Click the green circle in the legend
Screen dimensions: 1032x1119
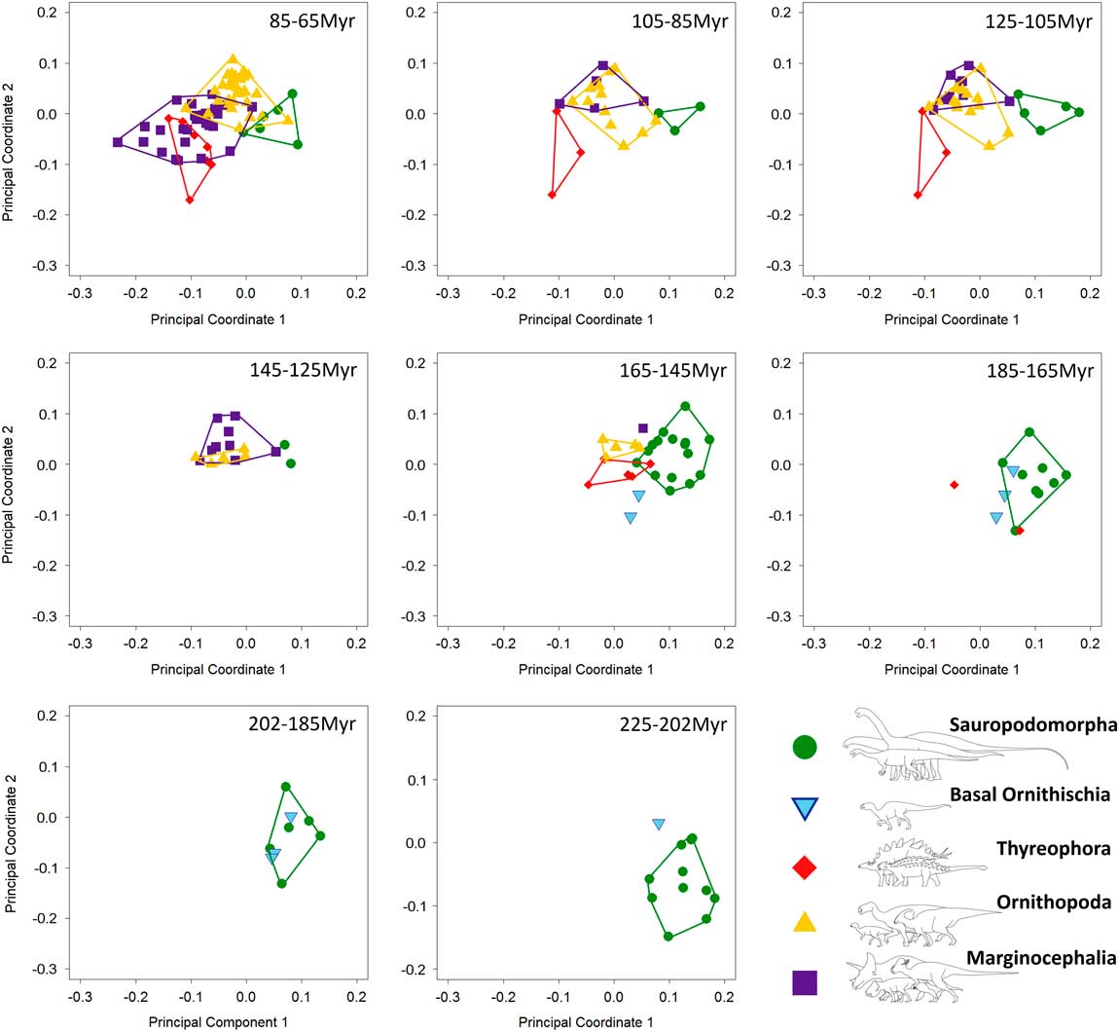pyautogui.click(x=805, y=747)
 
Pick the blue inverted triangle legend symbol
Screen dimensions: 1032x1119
pyautogui.click(x=805, y=809)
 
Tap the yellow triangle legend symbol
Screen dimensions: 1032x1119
pyautogui.click(x=805, y=921)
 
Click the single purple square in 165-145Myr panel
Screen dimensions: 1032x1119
pyautogui.click(x=643, y=428)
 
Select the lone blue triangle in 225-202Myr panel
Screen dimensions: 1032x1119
pyautogui.click(x=659, y=825)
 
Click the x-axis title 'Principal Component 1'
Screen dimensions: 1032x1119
pyautogui.click(x=218, y=1022)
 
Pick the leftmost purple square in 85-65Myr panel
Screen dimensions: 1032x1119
pyautogui.click(x=118, y=142)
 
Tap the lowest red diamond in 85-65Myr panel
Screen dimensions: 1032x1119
pyautogui.click(x=190, y=200)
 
